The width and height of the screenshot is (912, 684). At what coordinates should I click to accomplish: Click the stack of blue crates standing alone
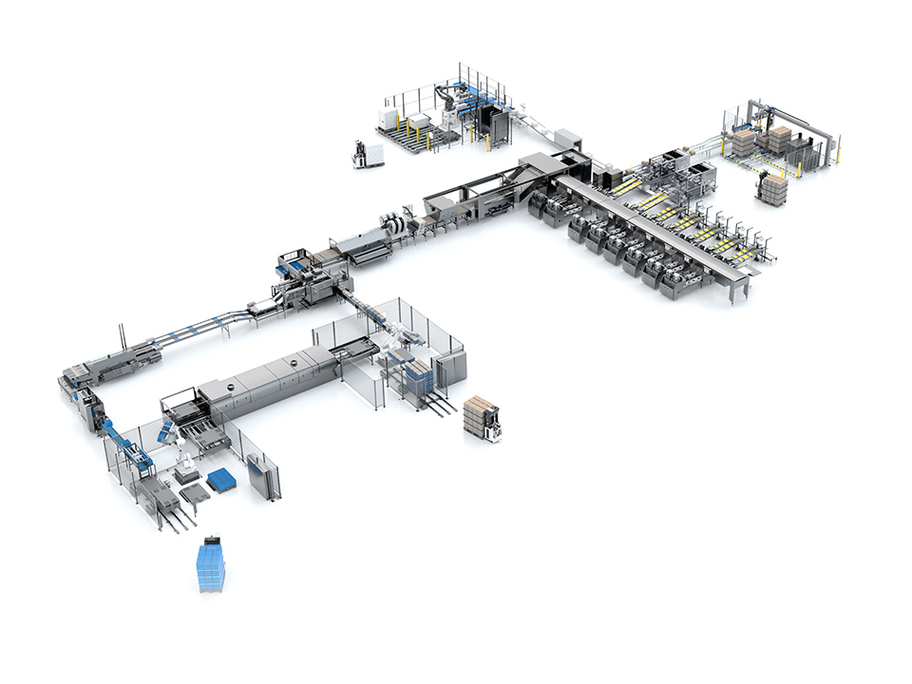(212, 564)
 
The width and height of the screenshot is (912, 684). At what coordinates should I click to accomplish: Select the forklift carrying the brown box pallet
(482, 419)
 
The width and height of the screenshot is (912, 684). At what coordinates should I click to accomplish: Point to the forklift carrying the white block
(364, 155)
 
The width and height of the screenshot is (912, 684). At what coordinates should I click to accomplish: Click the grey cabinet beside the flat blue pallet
(263, 475)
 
